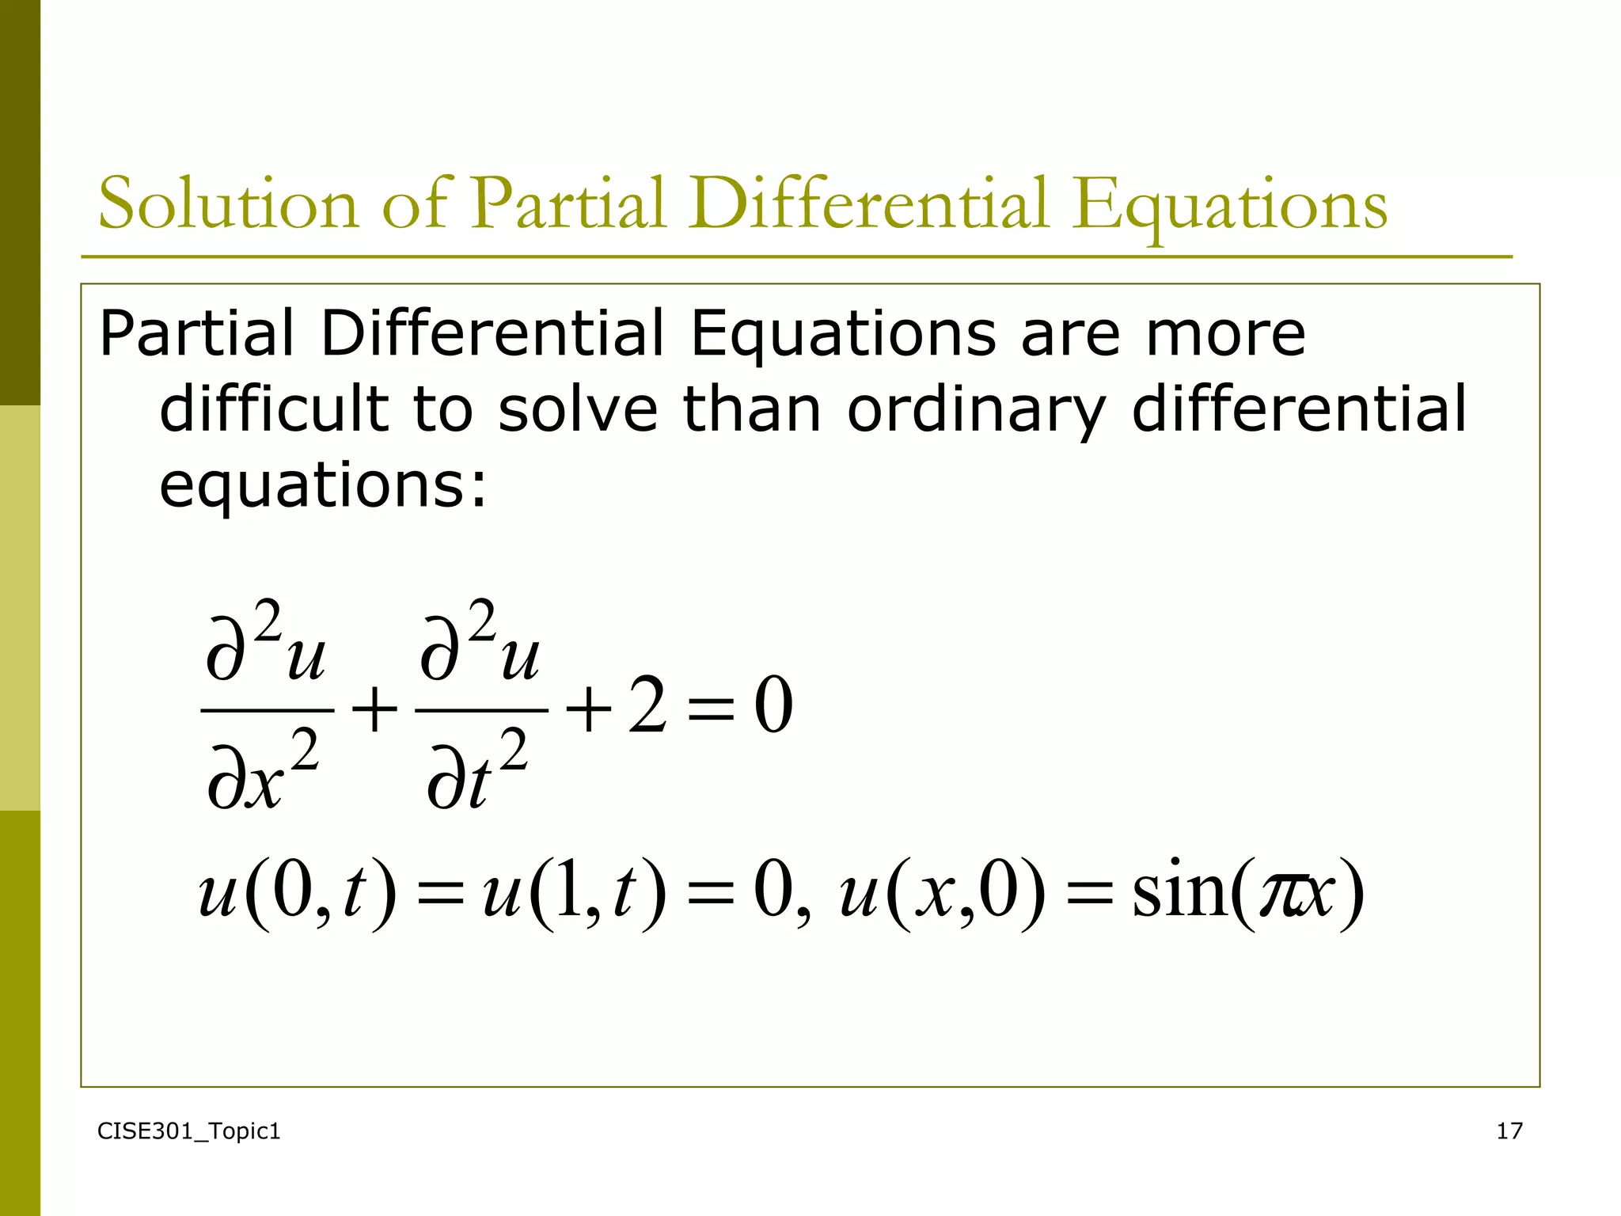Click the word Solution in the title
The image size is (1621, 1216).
229,204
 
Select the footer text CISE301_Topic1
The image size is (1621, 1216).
188,1131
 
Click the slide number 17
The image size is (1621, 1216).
1509,1131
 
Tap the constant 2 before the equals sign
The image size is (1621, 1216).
647,707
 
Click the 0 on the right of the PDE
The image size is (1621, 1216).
773,707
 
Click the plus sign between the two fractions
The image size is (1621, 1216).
374,709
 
